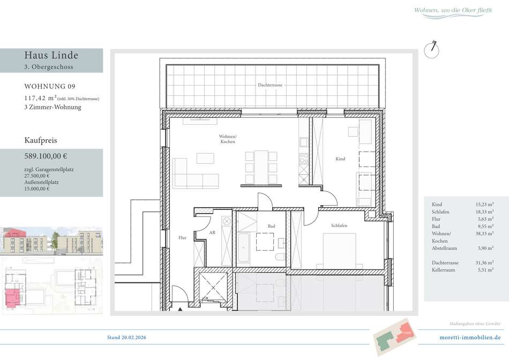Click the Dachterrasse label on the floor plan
coord(270,85)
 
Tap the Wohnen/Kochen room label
coord(228,139)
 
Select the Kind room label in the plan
coord(340,159)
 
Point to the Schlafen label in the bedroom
coord(339,226)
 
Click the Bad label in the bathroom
coord(272,226)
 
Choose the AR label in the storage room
coord(212,232)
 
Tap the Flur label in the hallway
coord(182,238)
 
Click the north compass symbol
coord(432,50)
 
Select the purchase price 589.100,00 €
coord(46,156)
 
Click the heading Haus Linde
coord(51,55)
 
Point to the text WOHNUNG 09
coord(50,86)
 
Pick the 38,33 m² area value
coord(485,234)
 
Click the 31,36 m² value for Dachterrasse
coord(485,262)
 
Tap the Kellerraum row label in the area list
coord(444,270)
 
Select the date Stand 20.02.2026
coord(126,337)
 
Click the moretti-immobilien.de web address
coord(470,337)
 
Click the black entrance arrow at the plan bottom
coord(180,309)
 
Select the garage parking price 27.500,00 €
coord(36,176)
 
